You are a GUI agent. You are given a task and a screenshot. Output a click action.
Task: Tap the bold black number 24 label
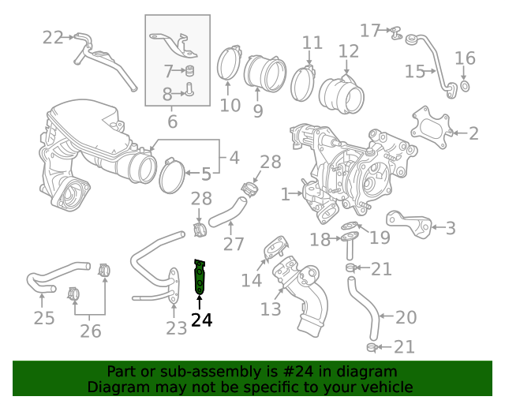(201, 320)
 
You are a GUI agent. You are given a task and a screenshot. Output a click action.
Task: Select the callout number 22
(53, 37)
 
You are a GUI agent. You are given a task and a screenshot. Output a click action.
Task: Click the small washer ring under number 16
(465, 85)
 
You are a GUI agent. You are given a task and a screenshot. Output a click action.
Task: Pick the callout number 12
(349, 53)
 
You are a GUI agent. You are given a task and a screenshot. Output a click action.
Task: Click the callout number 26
(91, 330)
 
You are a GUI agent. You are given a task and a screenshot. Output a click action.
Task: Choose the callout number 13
(271, 309)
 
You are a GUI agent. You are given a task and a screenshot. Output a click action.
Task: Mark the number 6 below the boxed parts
(173, 122)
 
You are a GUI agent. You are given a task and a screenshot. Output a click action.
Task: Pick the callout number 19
(380, 237)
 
